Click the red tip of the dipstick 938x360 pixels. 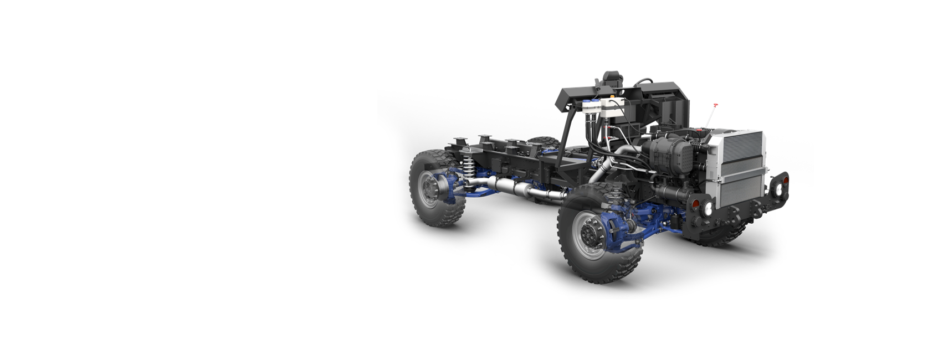(715, 105)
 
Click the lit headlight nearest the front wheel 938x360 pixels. (708, 209)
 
